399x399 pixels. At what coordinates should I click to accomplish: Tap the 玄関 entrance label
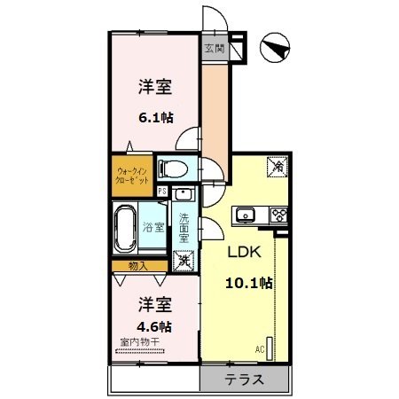[215, 49]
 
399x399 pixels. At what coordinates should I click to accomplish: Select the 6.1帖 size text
[154, 115]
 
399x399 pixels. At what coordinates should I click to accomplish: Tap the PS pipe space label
[162, 191]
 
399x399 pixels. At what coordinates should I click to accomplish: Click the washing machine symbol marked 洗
[184, 262]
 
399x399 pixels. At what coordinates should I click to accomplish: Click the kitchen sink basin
[245, 214]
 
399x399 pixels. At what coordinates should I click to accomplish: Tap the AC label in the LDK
[261, 348]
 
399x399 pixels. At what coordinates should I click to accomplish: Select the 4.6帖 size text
[154, 325]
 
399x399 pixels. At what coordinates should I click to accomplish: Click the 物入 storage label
[137, 265]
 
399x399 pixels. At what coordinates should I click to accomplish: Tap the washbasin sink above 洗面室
[184, 196]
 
